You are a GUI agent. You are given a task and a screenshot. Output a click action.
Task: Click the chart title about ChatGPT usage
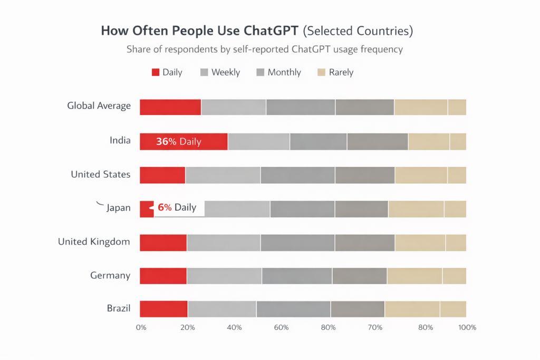pyautogui.click(x=257, y=31)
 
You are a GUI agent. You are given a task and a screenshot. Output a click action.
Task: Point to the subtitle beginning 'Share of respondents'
pyautogui.click(x=265, y=50)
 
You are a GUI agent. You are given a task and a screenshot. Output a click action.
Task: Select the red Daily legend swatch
pyautogui.click(x=156, y=73)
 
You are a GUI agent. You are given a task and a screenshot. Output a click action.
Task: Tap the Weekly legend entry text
pyautogui.click(x=226, y=73)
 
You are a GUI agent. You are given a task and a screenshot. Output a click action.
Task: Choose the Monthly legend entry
pyautogui.click(x=284, y=73)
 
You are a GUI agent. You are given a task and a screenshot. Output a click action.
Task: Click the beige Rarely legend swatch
pyautogui.click(x=320, y=73)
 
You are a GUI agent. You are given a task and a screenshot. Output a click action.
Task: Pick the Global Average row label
pyautogui.click(x=99, y=106)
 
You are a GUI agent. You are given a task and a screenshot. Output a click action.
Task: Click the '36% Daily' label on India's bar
pyautogui.click(x=178, y=142)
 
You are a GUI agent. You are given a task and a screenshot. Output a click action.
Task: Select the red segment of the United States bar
pyautogui.click(x=162, y=175)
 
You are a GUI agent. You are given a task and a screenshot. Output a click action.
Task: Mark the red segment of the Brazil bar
pyautogui.click(x=163, y=309)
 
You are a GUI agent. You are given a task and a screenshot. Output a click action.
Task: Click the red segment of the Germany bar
pyautogui.click(x=163, y=276)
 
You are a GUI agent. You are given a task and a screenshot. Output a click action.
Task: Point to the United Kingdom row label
pyautogui.click(x=94, y=242)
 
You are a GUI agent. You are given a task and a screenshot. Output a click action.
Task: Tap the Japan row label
pyautogui.click(x=118, y=208)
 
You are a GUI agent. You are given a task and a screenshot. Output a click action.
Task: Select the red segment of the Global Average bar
pyautogui.click(x=170, y=107)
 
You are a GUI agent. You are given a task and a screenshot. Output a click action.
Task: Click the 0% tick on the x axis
pyautogui.click(x=141, y=327)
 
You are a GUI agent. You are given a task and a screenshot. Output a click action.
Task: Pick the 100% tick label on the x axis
pyautogui.click(x=467, y=327)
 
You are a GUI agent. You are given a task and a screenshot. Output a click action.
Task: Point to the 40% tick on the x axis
pyautogui.click(x=234, y=327)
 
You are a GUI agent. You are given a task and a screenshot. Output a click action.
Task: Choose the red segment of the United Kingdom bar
pyautogui.click(x=163, y=242)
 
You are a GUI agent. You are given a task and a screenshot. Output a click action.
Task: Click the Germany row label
pyautogui.click(x=110, y=275)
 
